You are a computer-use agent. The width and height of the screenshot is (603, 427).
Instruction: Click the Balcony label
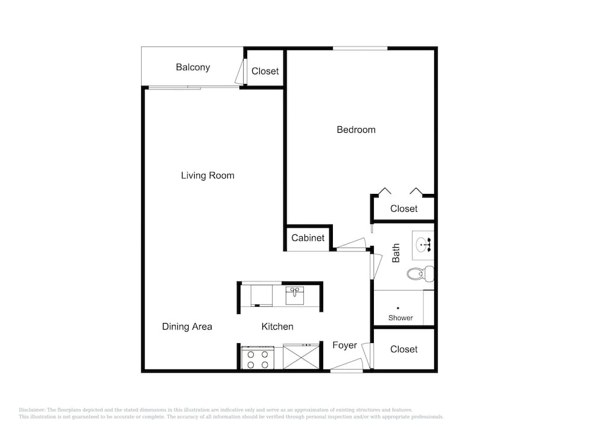coord(193,68)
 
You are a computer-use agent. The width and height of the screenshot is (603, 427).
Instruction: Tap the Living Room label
coord(207,176)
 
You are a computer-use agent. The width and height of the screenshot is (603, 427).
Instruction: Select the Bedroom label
coord(356,130)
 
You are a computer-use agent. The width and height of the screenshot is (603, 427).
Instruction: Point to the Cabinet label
coord(308,238)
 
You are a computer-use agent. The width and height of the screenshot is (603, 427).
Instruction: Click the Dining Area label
coord(187,327)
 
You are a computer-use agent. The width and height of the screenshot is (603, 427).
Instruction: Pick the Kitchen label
coord(277,327)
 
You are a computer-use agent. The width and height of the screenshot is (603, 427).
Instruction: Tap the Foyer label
coord(344,345)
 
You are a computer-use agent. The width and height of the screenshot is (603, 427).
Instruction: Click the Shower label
coord(400,318)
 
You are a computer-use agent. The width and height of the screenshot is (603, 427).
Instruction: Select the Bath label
coord(396,253)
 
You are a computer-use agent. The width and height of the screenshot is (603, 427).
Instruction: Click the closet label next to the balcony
coord(265,71)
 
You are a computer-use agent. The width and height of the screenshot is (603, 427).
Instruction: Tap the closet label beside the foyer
coord(404,349)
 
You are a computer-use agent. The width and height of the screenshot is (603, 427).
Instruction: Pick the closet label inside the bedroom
coord(404,209)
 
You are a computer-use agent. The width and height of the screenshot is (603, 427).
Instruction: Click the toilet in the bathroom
coord(420,274)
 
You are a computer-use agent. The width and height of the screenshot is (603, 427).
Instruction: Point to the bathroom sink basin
coord(422,245)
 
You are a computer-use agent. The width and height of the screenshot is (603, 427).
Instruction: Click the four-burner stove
coord(257,358)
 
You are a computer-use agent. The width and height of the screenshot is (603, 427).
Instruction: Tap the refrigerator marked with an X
coord(301,356)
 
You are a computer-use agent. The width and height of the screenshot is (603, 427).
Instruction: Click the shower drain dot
coord(398,308)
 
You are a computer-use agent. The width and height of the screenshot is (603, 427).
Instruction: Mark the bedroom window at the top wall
coord(360,48)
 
